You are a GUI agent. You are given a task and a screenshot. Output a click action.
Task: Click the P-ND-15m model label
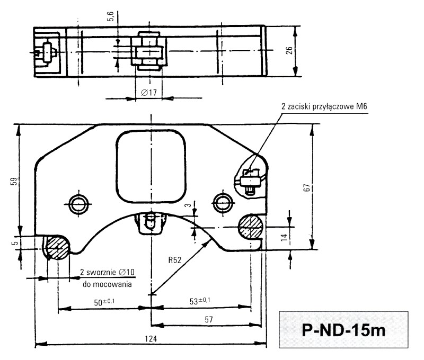coord(343,330)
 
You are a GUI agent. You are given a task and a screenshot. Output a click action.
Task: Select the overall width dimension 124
coord(151,339)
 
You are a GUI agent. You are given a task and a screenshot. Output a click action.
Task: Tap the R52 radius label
coord(175,260)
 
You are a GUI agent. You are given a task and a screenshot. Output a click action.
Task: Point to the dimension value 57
coord(209,320)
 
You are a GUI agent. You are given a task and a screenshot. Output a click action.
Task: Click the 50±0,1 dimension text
coord(104,302)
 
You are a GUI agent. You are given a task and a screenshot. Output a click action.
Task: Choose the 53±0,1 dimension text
coord(200,301)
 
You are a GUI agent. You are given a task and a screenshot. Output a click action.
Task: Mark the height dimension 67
coord(307,188)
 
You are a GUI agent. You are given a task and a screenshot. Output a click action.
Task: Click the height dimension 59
coord(15,181)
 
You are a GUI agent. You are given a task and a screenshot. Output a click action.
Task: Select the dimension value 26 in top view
coord(289,50)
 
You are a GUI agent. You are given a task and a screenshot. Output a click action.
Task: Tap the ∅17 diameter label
coord(149,93)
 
